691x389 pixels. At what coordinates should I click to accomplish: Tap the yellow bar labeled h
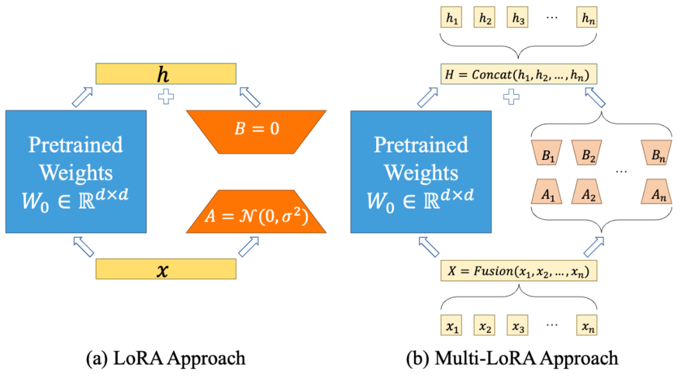click(x=166, y=74)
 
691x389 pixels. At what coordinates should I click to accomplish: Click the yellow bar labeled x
click(x=166, y=269)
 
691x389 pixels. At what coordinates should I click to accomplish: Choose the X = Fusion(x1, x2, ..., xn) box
click(x=519, y=271)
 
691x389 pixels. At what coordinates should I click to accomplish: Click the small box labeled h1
click(x=452, y=19)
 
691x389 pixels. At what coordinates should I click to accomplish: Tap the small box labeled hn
click(x=586, y=19)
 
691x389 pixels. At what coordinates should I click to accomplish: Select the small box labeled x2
click(x=485, y=327)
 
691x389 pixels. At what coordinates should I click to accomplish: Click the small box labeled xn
click(x=586, y=327)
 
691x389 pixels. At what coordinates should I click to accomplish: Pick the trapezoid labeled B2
click(x=586, y=154)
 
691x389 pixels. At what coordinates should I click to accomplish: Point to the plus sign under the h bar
click(x=166, y=97)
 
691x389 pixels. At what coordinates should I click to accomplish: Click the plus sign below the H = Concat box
click(x=511, y=97)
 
